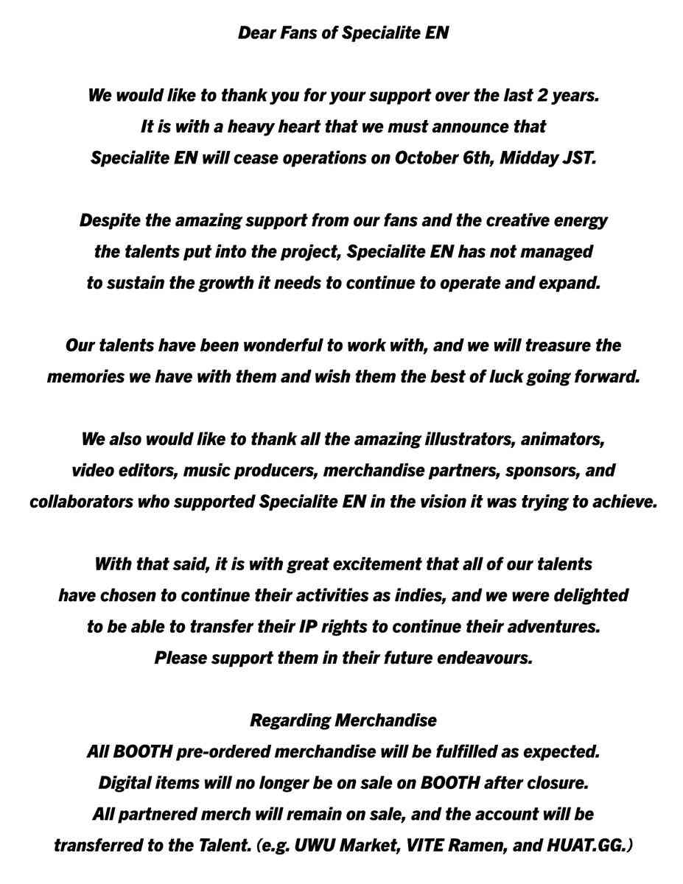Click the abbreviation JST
(577, 158)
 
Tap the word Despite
(107, 220)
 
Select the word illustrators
(469, 440)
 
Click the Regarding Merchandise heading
(343, 720)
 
